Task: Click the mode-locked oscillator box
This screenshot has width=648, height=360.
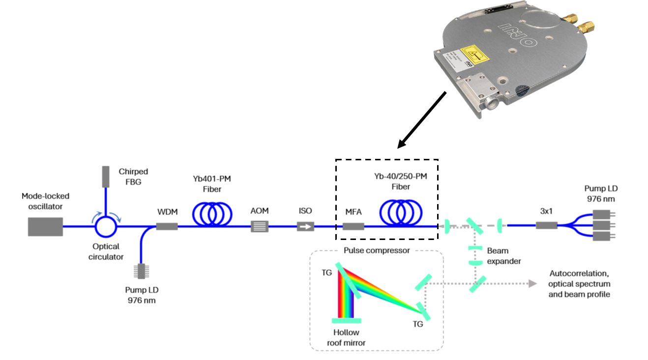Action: click(45, 226)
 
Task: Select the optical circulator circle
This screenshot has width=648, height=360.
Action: click(105, 226)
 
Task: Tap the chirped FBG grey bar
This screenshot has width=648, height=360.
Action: click(105, 177)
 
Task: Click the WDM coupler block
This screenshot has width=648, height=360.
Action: click(167, 226)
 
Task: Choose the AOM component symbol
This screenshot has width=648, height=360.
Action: click(260, 226)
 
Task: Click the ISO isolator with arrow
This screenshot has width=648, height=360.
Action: click(306, 227)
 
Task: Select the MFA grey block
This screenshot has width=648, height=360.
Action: click(353, 226)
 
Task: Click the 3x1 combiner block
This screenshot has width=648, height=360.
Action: click(546, 225)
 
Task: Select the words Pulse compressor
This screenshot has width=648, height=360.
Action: click(377, 250)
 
